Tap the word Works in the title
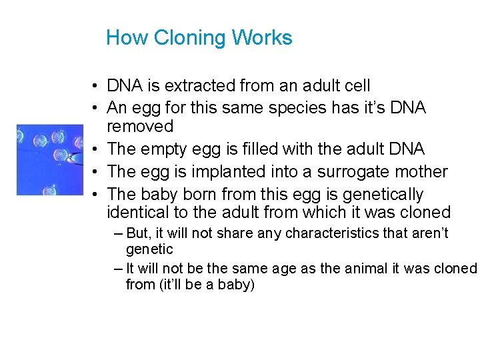point(261,38)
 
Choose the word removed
point(140,127)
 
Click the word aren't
point(429,234)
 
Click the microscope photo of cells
point(41,159)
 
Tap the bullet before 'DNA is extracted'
point(97,87)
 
